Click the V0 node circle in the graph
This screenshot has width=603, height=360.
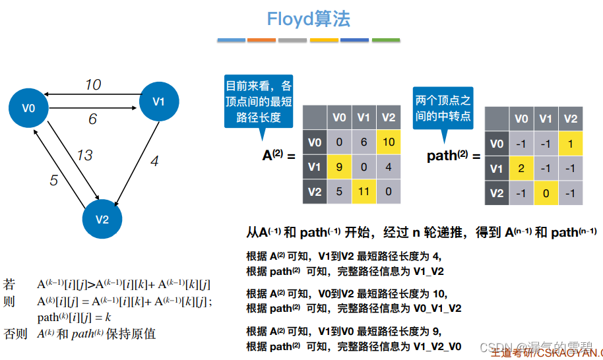[28, 108]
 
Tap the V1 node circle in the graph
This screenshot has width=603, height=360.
[158, 102]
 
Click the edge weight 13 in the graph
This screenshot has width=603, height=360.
[84, 156]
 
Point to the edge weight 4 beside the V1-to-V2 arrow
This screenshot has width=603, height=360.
[154, 161]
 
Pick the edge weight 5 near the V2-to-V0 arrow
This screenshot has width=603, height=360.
[54, 180]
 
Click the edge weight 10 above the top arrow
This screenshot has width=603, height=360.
[92, 84]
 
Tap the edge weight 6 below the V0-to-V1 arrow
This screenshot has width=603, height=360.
[92, 119]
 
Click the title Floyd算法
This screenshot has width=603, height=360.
[309, 19]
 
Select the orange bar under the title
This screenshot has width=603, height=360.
[261, 41]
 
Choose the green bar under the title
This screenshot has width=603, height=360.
[386, 41]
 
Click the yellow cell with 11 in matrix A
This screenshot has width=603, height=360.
[364, 192]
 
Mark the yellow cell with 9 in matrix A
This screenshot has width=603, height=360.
[339, 167]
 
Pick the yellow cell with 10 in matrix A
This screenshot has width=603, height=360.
[388, 142]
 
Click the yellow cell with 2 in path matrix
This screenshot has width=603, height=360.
[521, 168]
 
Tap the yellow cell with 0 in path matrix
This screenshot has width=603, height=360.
[546, 193]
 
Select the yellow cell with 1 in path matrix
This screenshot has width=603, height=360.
[571, 143]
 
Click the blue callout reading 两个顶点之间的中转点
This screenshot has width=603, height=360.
[443, 107]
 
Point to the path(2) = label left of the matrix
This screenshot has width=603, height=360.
[451, 156]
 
